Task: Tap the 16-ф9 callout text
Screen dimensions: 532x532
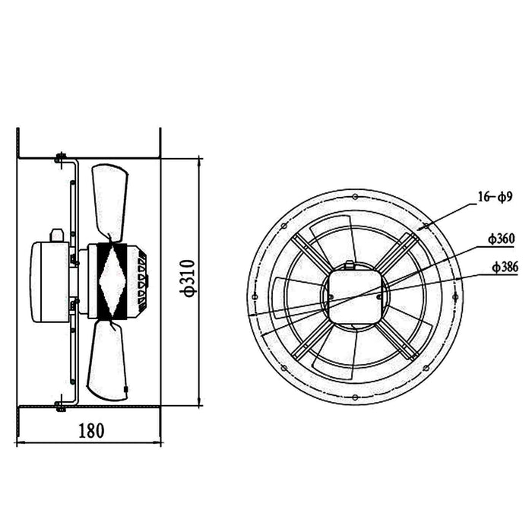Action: click(x=496, y=198)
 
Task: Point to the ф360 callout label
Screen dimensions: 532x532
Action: click(x=502, y=239)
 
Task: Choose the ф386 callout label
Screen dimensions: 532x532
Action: click(x=505, y=267)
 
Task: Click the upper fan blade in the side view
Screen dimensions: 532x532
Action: click(x=109, y=201)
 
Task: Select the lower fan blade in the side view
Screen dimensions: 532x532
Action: click(x=107, y=361)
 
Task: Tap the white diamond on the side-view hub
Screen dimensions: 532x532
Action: click(x=112, y=280)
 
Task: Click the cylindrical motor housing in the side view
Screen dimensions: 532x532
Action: click(x=49, y=281)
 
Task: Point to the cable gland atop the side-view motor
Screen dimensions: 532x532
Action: click(x=55, y=235)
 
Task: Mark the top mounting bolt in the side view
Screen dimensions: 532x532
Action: click(x=59, y=159)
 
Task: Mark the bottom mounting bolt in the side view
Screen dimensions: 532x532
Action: click(x=59, y=406)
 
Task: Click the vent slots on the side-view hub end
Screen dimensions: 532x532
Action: click(x=142, y=281)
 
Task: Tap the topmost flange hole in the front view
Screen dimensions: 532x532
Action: click(x=354, y=196)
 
